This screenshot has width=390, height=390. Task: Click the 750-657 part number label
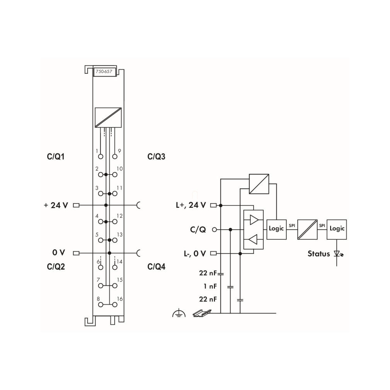tap(104, 72)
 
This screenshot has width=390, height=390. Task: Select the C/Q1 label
tap(56, 157)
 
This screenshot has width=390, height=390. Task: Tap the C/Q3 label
tap(156, 157)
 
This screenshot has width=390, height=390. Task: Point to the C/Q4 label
tap(156, 267)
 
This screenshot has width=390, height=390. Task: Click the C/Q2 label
tap(56, 267)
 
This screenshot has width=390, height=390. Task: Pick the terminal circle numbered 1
tap(100, 156)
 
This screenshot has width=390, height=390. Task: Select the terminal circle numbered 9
tap(115, 156)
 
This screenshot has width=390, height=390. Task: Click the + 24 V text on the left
tap(56, 205)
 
